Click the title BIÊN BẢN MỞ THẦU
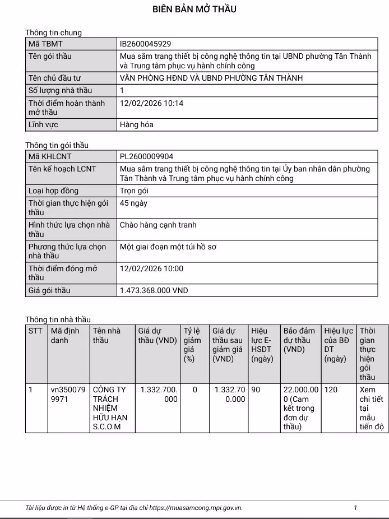tap(194, 9)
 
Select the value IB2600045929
tap(146, 44)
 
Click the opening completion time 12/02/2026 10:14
tap(151, 103)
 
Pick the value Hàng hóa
tap(137, 124)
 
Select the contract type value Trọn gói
tap(138, 191)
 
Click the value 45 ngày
tap(134, 203)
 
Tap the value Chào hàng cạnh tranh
tap(158, 225)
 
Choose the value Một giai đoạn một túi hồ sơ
tap(168, 246)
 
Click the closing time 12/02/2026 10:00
tap(151, 268)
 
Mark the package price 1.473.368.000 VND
tap(154, 290)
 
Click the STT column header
tap(36, 331)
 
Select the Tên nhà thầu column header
tap(106, 335)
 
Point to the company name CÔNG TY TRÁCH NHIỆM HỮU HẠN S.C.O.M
tap(111, 408)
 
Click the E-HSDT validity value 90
tap(256, 390)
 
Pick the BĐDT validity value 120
tap(331, 390)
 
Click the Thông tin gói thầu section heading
tap(57, 145)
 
